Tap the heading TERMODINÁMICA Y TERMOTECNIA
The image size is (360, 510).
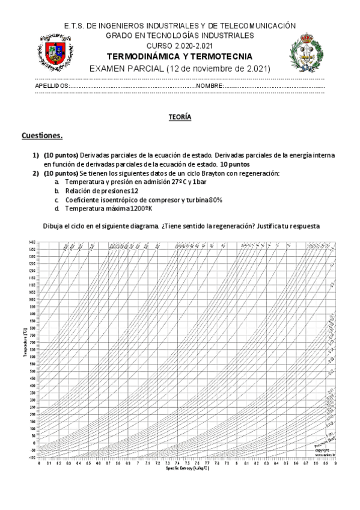(180, 57)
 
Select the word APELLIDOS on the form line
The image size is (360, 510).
(52, 86)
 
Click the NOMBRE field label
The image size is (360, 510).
(209, 86)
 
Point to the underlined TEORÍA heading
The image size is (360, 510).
(180, 118)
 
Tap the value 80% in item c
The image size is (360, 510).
(216, 199)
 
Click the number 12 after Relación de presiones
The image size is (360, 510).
(134, 190)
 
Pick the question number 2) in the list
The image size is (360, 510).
(35, 173)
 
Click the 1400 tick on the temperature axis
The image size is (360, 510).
(31, 242)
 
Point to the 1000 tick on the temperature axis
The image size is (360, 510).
(31, 299)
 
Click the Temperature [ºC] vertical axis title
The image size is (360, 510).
(24, 349)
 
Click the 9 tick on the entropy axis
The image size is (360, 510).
(334, 462)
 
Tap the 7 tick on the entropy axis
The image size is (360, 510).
(138, 462)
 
